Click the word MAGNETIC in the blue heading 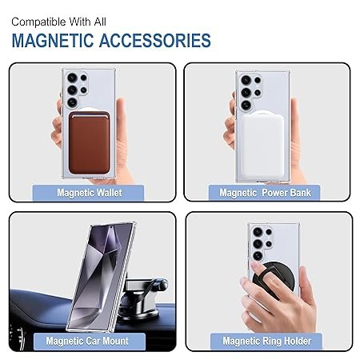click(x=52, y=41)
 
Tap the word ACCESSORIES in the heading click(x=155, y=41)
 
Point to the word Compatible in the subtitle click(x=39, y=22)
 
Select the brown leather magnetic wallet click(x=89, y=142)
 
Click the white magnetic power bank click(x=262, y=146)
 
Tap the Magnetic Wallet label click(x=90, y=193)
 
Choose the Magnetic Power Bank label click(x=265, y=193)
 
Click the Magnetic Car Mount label click(x=87, y=341)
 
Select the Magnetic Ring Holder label click(x=266, y=341)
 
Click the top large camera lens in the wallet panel click(x=72, y=78)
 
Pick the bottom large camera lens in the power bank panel click(x=246, y=105)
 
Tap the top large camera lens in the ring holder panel click(x=258, y=232)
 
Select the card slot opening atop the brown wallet click(x=89, y=115)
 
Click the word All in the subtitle click(x=100, y=22)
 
